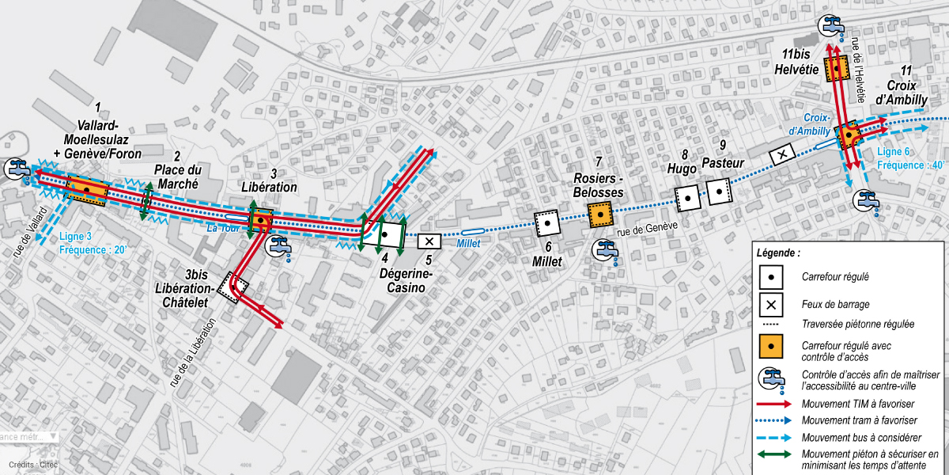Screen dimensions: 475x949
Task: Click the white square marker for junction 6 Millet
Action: tap(546, 223)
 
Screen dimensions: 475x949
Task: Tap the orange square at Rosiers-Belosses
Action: tap(601, 214)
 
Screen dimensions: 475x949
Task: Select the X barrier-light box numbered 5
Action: tap(429, 241)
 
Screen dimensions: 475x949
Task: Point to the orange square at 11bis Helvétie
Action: tap(836, 70)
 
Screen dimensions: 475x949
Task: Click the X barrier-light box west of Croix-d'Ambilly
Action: tap(782, 154)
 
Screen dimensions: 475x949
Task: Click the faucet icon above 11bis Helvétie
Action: tap(832, 25)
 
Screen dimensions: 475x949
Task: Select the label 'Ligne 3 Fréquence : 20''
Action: tap(92, 242)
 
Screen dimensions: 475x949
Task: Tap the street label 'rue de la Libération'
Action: tap(191, 352)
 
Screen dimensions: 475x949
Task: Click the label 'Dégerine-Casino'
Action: tap(406, 282)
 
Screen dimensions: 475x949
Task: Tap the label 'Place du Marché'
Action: tap(178, 177)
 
